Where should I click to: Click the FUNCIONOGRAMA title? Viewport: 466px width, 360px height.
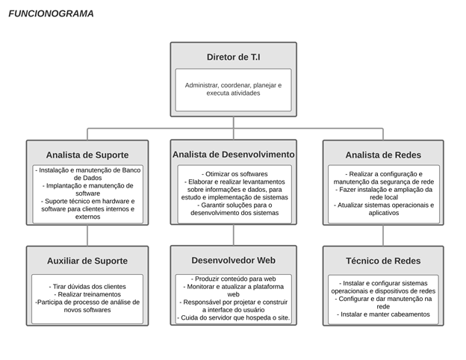click(x=51, y=13)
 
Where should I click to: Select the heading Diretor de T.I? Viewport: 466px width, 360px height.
click(x=233, y=57)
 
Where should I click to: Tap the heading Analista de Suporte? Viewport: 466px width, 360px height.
click(x=87, y=155)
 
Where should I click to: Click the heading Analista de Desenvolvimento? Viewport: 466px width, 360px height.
click(x=233, y=155)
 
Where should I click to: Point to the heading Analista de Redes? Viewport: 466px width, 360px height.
click(x=383, y=155)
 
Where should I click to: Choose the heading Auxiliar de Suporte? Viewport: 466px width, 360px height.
click(x=87, y=261)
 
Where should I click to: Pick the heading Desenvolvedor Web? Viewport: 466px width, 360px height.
click(x=233, y=260)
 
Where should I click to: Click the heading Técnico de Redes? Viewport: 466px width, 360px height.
click(x=383, y=261)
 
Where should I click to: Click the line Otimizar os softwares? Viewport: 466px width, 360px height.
click(x=234, y=174)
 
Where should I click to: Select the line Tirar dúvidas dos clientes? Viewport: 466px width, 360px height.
click(x=87, y=287)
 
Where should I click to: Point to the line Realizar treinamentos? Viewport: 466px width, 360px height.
click(x=87, y=294)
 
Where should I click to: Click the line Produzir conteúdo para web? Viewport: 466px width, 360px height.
click(x=233, y=279)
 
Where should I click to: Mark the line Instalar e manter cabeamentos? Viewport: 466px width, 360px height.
click(x=383, y=314)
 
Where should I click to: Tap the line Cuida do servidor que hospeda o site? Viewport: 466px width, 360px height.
click(x=233, y=317)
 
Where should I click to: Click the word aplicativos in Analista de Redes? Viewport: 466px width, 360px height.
click(x=384, y=213)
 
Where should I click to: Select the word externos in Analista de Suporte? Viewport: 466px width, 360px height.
click(x=87, y=217)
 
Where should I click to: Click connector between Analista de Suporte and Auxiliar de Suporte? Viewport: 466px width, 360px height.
click(x=87, y=235)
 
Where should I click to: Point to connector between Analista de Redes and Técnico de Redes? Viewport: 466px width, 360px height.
click(x=383, y=235)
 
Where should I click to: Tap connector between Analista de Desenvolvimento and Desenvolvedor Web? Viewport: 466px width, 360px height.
click(x=234, y=235)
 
